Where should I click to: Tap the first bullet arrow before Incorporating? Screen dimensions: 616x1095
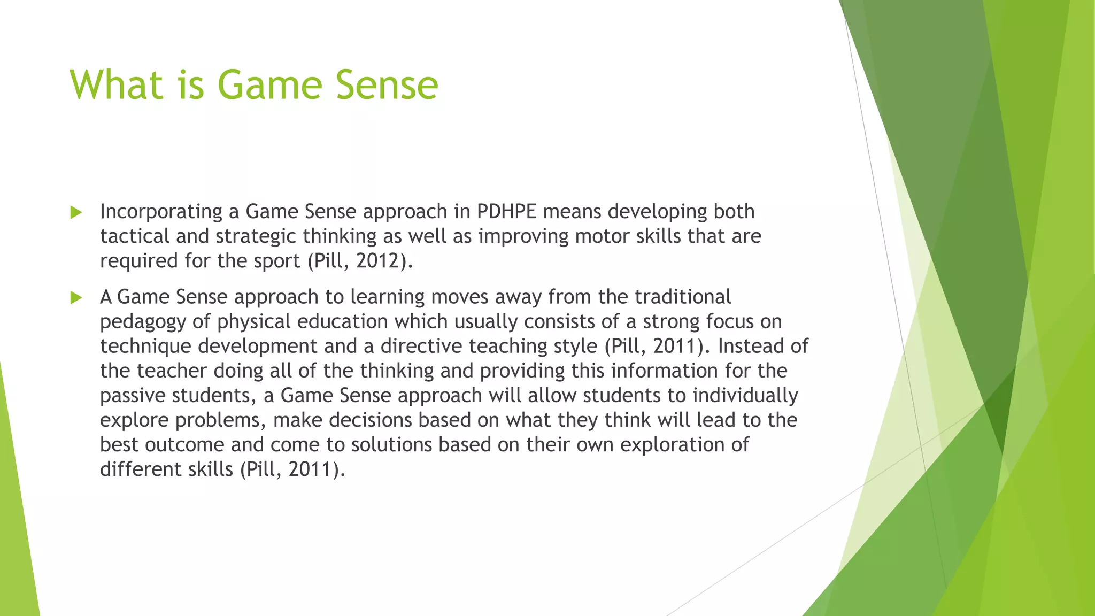[76, 213]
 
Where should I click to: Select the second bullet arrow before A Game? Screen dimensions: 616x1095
[76, 298]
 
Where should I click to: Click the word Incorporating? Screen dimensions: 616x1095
[161, 212]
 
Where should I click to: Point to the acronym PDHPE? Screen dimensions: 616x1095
[506, 212]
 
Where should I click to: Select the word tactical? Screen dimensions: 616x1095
[135, 236]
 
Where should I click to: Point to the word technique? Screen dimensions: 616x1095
[145, 346]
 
